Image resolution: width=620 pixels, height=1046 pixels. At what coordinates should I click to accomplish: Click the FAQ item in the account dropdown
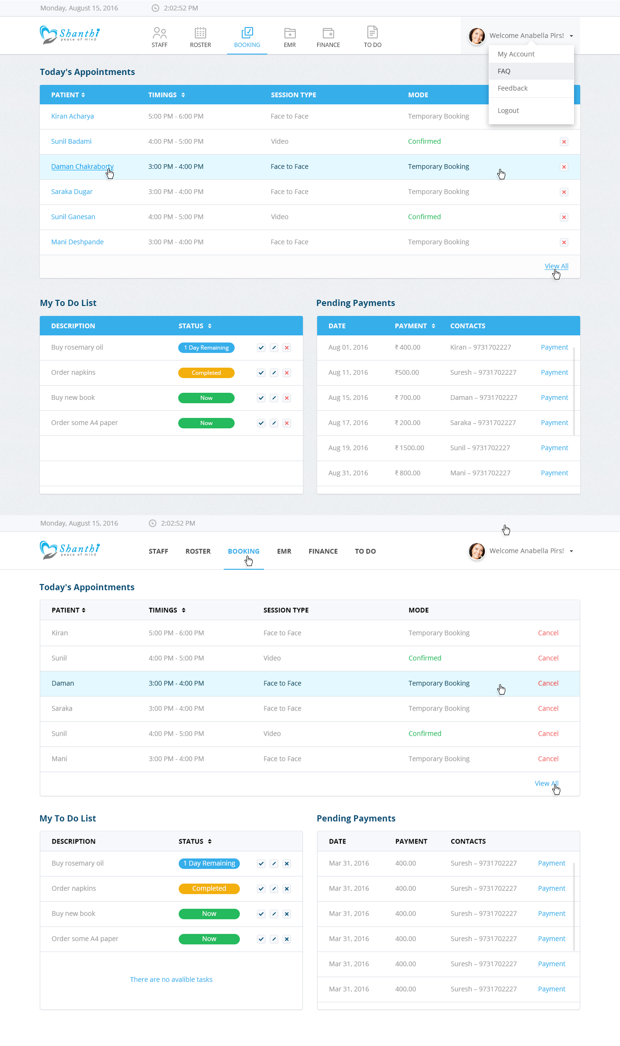point(504,71)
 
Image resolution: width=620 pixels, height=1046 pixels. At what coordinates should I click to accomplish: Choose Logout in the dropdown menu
point(508,111)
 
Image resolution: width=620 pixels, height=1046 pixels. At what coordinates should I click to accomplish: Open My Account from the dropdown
point(516,54)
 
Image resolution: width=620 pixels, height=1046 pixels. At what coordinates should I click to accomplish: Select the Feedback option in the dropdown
point(512,88)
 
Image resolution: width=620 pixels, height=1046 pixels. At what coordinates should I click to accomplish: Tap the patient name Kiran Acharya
point(73,116)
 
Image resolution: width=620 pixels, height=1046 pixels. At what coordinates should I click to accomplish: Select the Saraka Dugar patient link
point(72,192)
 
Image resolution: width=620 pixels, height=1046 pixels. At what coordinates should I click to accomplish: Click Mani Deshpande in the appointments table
point(77,242)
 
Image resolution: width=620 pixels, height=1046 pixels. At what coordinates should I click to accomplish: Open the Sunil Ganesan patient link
point(73,217)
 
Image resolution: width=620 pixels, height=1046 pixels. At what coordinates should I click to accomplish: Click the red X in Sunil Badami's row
point(564,142)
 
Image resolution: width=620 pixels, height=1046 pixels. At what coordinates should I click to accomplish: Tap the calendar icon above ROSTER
point(201,33)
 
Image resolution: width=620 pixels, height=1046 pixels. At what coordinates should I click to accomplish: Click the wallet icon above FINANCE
point(328,33)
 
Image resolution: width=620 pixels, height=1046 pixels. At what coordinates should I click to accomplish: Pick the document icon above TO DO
point(373,32)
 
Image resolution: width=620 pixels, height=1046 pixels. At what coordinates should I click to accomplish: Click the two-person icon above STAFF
point(160,33)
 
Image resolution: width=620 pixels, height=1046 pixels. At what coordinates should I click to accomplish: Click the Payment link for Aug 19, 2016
point(554,448)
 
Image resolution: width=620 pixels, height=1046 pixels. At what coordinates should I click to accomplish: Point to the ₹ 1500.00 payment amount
point(410,448)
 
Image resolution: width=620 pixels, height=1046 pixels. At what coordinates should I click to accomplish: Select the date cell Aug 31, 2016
point(348,473)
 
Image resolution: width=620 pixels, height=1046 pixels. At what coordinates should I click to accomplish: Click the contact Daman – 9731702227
point(483,398)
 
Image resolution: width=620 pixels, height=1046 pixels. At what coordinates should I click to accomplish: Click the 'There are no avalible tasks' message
point(171,980)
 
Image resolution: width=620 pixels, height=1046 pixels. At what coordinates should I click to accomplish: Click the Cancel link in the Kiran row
point(548,633)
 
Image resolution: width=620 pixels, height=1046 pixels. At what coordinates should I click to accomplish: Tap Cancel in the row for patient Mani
point(548,759)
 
